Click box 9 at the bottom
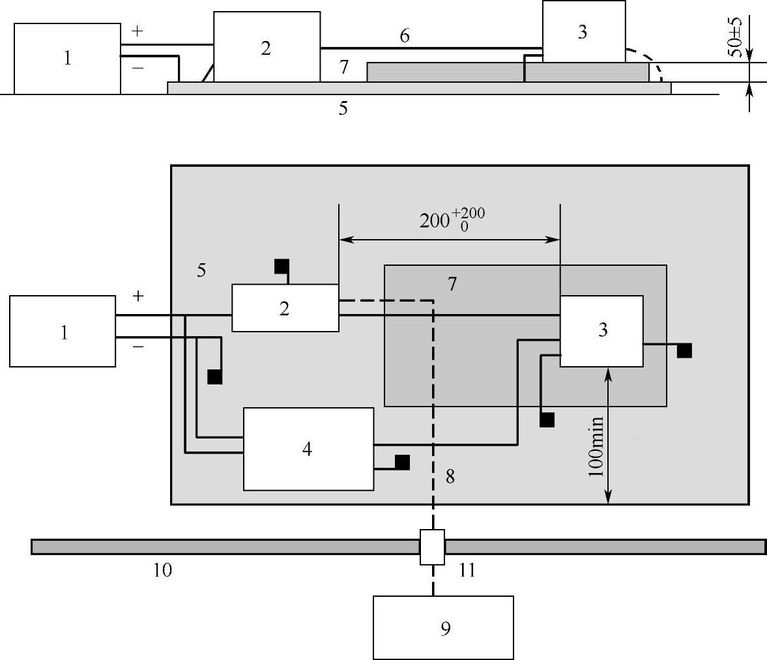point(443,627)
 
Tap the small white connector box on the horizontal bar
point(432,547)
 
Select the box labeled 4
point(308,449)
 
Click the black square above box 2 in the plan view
point(282,266)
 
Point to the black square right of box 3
point(684,351)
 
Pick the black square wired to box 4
point(402,462)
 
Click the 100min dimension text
point(596,446)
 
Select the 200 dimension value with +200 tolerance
point(452,220)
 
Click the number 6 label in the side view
point(405,36)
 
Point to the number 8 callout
point(450,476)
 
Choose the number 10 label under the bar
point(162,570)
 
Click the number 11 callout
point(467,571)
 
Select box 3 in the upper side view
point(583,32)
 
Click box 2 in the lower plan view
point(285,308)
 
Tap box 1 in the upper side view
point(67,59)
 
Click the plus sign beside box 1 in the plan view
point(138,296)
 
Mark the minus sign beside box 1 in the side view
point(137,68)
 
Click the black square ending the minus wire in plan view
point(214,377)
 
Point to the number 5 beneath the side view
point(343,109)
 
